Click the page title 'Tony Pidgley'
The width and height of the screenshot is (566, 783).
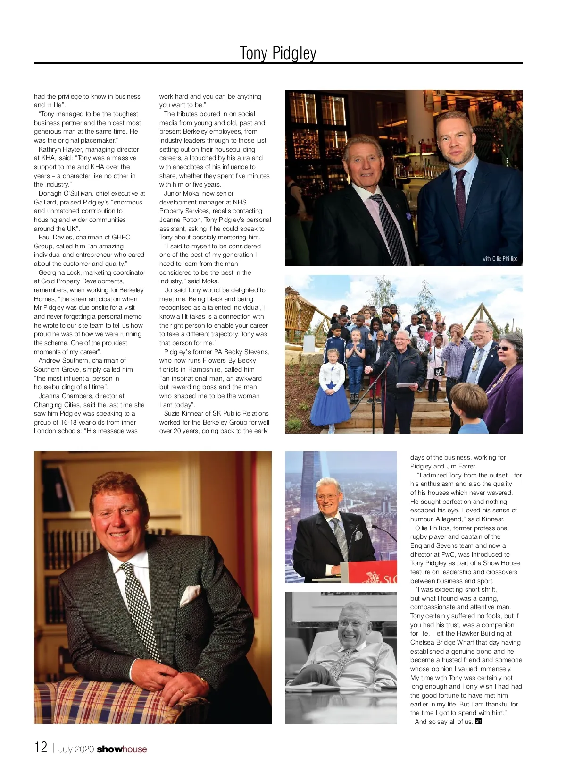[x=278, y=53]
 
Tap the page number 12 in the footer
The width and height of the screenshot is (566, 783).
[x=41, y=747]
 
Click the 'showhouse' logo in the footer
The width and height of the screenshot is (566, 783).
[x=122, y=749]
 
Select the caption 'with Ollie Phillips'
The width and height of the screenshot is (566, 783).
[x=499, y=258]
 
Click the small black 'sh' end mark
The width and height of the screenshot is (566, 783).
[x=478, y=721]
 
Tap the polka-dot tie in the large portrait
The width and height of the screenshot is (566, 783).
[x=140, y=609]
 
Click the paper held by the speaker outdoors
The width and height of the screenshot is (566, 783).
[x=407, y=385]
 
